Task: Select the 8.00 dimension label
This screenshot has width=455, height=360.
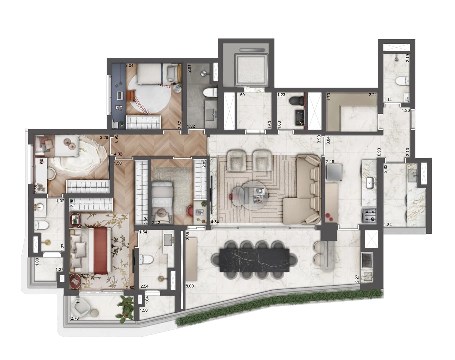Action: coord(190,286)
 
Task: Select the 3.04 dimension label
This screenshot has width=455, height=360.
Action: coord(129,65)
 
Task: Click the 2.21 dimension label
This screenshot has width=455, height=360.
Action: coord(372,95)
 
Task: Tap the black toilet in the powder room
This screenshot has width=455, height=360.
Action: coord(294,101)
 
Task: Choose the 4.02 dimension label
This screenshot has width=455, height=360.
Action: coord(118,154)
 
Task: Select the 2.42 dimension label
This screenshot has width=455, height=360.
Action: coord(156,223)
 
